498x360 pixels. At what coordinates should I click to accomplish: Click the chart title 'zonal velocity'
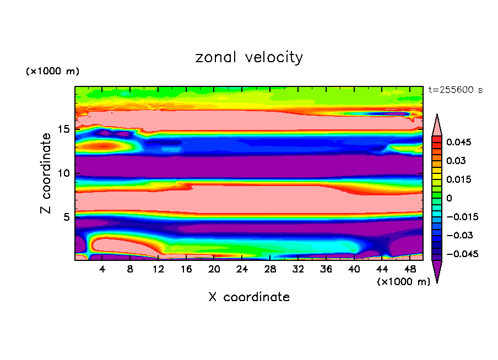pos(249,57)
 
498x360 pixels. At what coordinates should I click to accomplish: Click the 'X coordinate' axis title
pos(249,297)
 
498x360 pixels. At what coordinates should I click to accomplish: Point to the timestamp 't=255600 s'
pos(456,90)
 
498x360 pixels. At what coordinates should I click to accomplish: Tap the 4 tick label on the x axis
pos(102,270)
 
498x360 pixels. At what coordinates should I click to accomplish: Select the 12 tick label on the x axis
pos(158,270)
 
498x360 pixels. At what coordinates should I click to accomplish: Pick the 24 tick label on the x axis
pos(242,270)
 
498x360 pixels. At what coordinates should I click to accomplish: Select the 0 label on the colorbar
pos(449,198)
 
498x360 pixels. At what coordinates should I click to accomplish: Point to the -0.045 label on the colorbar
pos(462,254)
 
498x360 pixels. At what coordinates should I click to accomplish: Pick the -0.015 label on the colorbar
pos(462,217)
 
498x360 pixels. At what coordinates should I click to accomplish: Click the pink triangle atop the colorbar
pos(437,124)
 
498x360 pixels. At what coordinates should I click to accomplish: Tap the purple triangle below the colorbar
pos(437,271)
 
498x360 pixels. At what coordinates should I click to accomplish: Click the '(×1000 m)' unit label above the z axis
pos(52,72)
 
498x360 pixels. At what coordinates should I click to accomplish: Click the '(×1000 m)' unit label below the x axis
pos(404,282)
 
